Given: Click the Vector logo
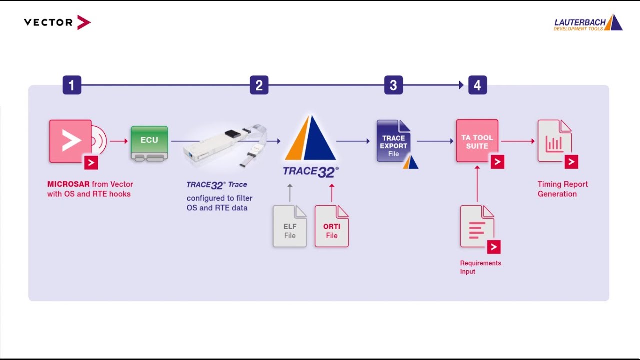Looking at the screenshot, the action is click(x=57, y=22).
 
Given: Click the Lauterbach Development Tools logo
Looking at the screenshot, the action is click(x=588, y=23).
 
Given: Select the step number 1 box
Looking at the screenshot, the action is click(x=72, y=85).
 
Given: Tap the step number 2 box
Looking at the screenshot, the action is click(x=259, y=85).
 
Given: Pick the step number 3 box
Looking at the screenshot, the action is click(x=393, y=85).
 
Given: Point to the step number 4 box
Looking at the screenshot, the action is click(x=477, y=85).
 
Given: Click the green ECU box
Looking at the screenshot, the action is click(x=149, y=143).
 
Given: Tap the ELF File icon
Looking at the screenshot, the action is click(x=290, y=226).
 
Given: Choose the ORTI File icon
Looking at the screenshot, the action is click(x=331, y=226).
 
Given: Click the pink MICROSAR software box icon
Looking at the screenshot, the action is click(x=77, y=144).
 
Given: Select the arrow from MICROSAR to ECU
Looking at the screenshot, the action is click(x=119, y=141).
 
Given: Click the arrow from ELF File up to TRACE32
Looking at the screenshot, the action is click(x=290, y=193).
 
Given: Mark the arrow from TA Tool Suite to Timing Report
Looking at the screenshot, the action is click(x=518, y=141).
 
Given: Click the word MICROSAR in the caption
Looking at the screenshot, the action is click(x=68, y=184).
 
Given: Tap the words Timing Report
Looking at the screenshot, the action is click(x=563, y=184).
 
